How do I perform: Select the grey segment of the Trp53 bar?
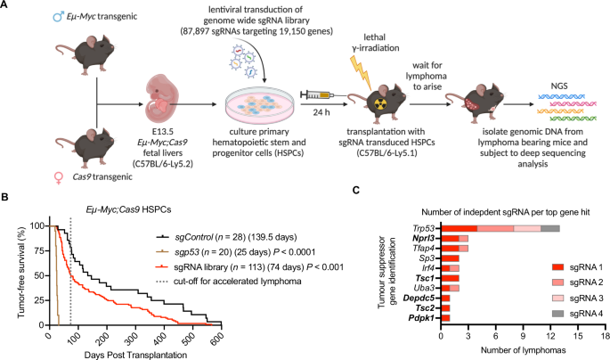click(549, 229)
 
